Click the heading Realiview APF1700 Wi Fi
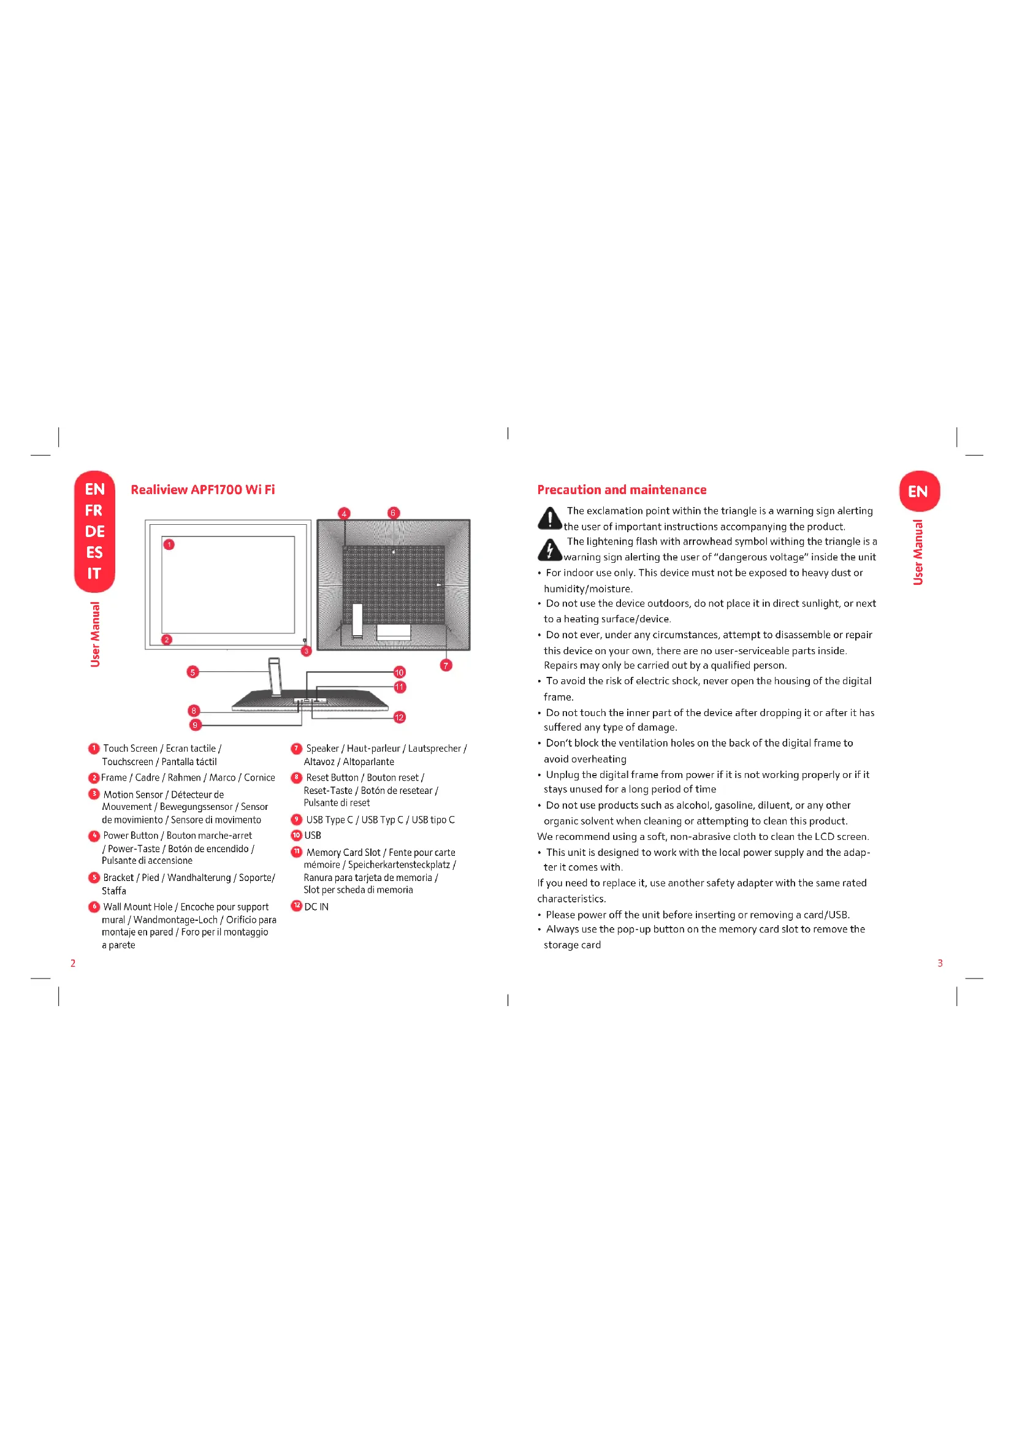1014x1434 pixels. tap(202, 490)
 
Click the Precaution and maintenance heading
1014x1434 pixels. tap(621, 490)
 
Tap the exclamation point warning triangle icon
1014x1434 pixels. tap(549, 518)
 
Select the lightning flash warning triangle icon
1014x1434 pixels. tap(549, 549)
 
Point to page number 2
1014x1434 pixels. tap(73, 963)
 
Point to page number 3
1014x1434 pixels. tap(940, 963)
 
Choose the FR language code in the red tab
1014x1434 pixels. tap(94, 511)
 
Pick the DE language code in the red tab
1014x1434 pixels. tap(94, 532)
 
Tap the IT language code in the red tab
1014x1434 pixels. tap(94, 573)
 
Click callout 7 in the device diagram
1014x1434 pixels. tap(446, 665)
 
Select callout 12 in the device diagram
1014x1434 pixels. tap(400, 717)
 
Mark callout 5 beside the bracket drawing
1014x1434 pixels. tap(193, 672)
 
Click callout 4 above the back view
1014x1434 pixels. tap(344, 513)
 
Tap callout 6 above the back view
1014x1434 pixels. tap(393, 513)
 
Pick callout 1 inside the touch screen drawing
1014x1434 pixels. tap(169, 544)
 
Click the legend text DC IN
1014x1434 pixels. tap(316, 907)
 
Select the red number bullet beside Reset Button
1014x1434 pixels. tap(297, 777)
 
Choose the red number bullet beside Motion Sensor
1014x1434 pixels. tap(94, 794)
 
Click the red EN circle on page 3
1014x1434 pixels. tap(918, 492)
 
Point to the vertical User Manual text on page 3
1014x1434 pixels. tap(918, 552)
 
